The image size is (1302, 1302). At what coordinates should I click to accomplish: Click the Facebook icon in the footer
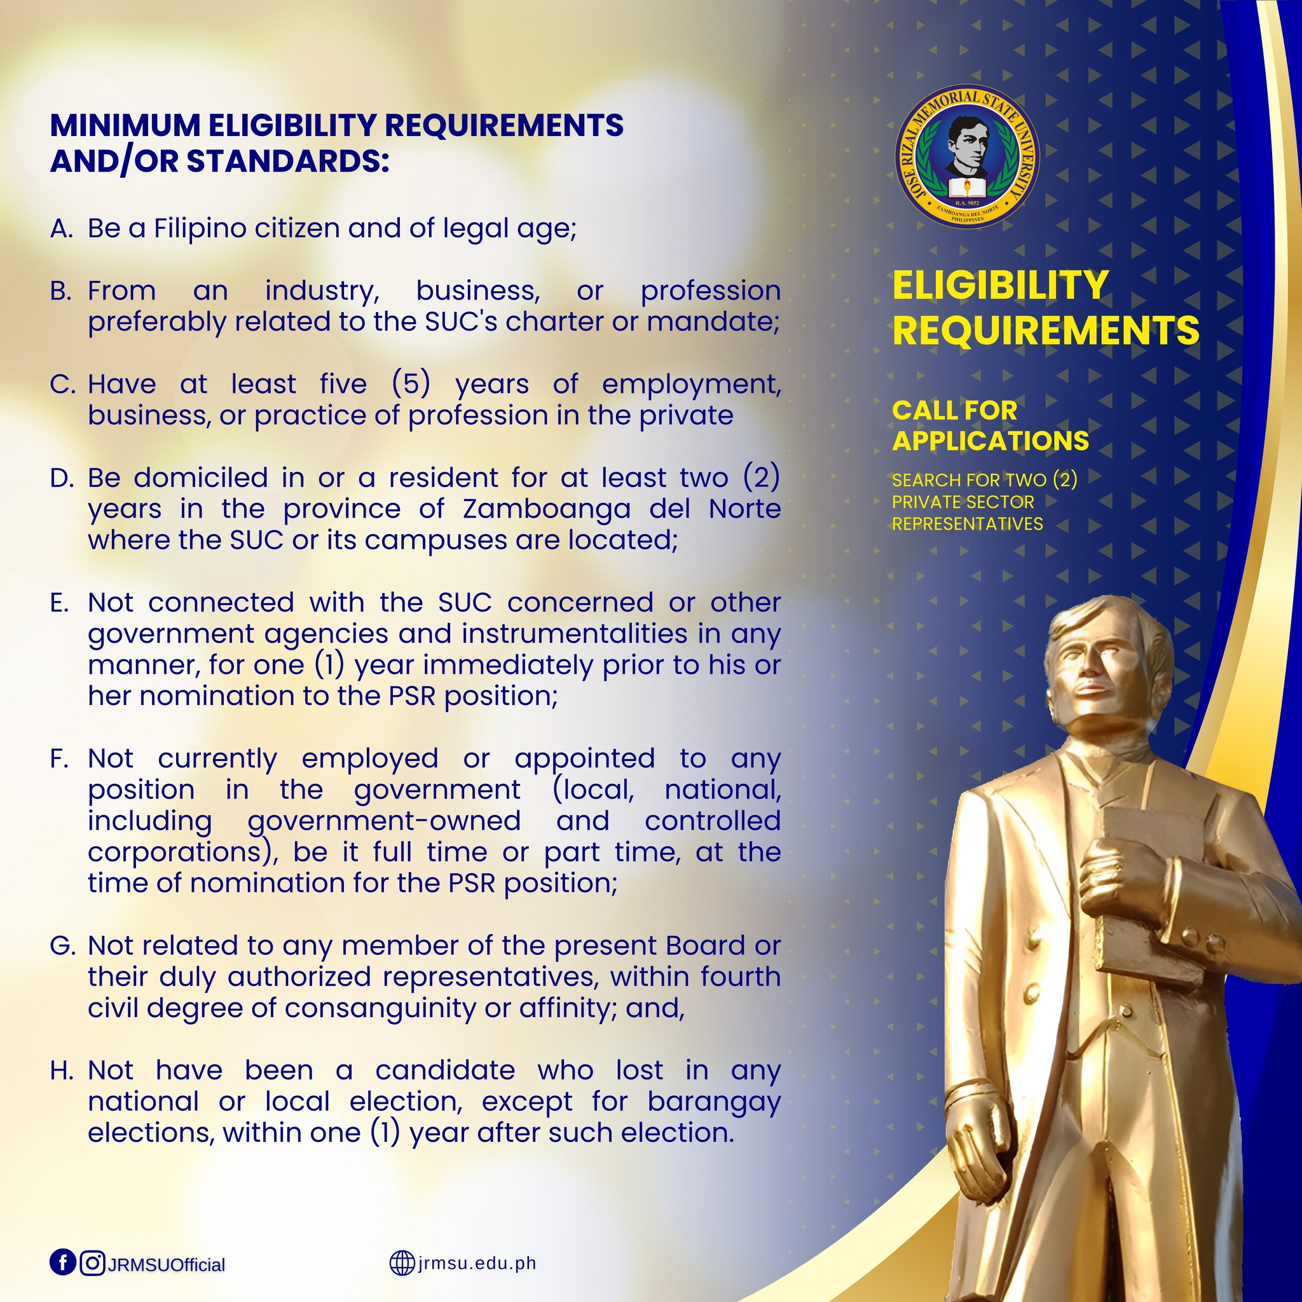[x=63, y=1261]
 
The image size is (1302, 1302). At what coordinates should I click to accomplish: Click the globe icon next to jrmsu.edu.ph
[x=401, y=1262]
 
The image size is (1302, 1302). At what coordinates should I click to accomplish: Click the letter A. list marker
[x=60, y=229]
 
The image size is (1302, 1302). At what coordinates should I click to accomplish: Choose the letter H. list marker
[x=61, y=1071]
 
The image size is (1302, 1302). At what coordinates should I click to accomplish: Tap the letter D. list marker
[x=61, y=479]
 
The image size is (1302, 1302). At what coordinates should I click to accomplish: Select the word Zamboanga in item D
[x=546, y=509]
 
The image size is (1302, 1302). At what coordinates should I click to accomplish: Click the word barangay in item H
[x=714, y=1102]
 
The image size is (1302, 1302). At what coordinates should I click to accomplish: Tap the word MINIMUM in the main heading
[x=125, y=126]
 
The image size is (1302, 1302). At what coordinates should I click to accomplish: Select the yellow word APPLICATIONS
[x=990, y=441]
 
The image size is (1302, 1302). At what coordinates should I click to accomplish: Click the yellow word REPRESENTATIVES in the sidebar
[x=967, y=524]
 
